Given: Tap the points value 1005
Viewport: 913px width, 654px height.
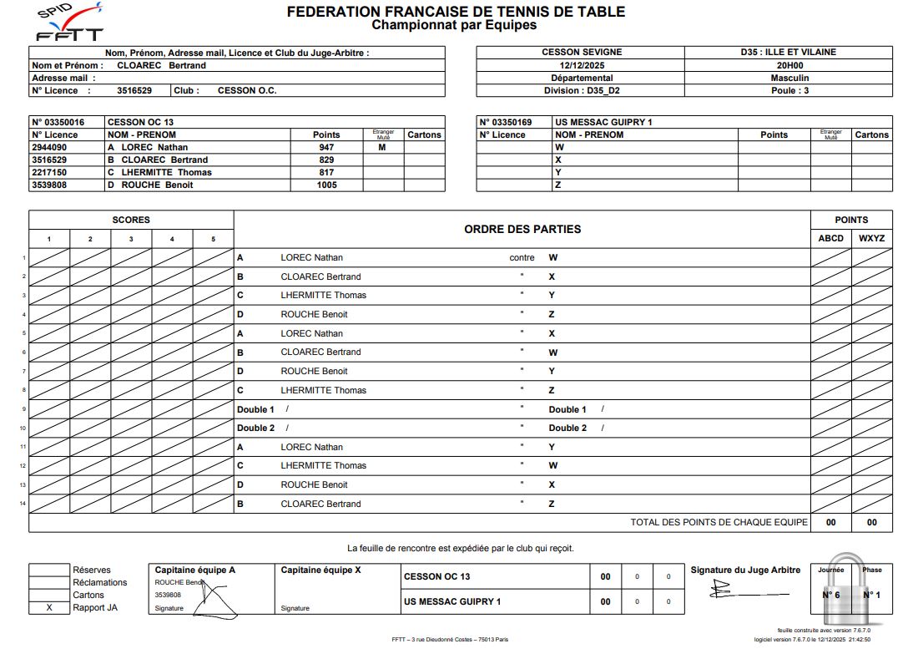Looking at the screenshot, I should tap(326, 185).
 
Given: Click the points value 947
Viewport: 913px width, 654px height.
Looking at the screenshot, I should tap(326, 147).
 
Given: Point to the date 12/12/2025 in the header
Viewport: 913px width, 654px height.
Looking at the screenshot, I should tap(581, 65).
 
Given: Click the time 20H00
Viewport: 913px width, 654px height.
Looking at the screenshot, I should tap(789, 65).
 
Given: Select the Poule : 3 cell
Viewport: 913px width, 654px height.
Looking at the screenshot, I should tap(789, 90).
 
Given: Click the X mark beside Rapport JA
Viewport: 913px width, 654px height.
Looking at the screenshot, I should tap(49, 607).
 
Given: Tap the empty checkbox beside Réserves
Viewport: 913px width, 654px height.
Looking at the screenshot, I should tap(49, 570).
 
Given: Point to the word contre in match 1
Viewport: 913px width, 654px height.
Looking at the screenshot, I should tap(522, 257).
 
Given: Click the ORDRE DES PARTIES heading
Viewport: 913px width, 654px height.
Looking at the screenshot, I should tap(522, 229).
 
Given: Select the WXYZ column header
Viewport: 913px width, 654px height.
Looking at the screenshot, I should tap(871, 238).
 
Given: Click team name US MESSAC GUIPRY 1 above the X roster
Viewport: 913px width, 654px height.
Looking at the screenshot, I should tap(603, 122).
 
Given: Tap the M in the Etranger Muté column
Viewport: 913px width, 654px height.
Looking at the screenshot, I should tap(383, 147).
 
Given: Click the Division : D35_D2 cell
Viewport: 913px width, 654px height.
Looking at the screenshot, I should tap(581, 90).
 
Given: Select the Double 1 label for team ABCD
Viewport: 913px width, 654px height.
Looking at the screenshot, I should tap(255, 409).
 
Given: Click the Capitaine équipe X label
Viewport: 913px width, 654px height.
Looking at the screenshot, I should tap(320, 570).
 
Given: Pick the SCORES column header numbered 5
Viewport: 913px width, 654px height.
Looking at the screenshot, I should tap(213, 239).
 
